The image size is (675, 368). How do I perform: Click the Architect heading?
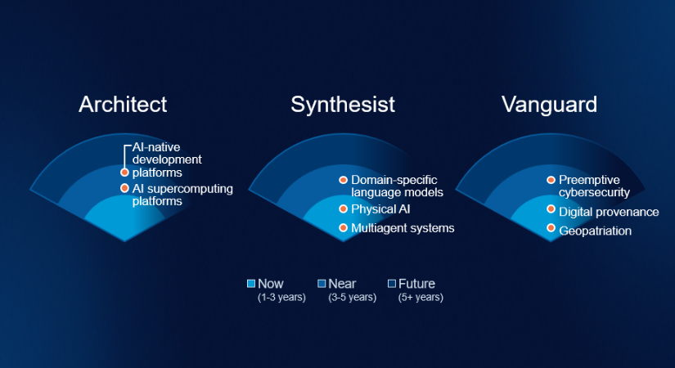click(123, 105)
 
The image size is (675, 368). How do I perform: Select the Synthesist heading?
click(343, 105)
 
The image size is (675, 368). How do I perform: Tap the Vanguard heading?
click(549, 105)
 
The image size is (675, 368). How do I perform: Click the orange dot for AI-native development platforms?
click(124, 173)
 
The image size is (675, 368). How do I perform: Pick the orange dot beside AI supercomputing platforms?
click(124, 188)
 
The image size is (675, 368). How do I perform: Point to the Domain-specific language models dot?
click(343, 180)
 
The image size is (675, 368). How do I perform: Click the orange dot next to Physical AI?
click(343, 209)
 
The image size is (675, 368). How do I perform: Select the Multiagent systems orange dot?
click(343, 227)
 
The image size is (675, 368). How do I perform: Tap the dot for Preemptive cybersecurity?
click(551, 180)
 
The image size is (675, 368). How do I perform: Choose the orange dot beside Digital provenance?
click(551, 209)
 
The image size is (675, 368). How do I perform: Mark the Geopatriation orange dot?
click(551, 227)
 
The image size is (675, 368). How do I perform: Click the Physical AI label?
click(380, 209)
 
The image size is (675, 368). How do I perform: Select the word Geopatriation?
click(595, 231)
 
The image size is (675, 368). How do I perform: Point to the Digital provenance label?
click(609, 212)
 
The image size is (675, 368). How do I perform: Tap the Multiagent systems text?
click(403, 228)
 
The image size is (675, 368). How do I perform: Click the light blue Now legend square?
click(251, 283)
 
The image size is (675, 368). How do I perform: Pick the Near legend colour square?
click(322, 283)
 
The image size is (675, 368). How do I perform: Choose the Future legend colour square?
click(392, 283)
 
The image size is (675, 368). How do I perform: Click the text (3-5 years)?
click(352, 298)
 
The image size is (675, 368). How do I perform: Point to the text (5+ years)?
click(421, 298)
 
